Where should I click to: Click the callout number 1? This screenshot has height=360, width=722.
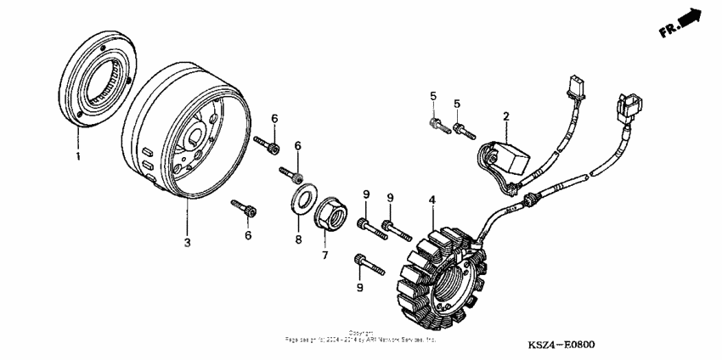(x=78, y=157)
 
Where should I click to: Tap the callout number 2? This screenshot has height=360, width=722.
(x=505, y=116)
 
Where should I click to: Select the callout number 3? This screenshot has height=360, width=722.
(x=188, y=243)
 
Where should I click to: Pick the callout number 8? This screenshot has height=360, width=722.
(x=298, y=240)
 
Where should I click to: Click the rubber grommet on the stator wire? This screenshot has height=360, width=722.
(x=532, y=200)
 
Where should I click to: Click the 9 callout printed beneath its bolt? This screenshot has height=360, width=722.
(x=359, y=289)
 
